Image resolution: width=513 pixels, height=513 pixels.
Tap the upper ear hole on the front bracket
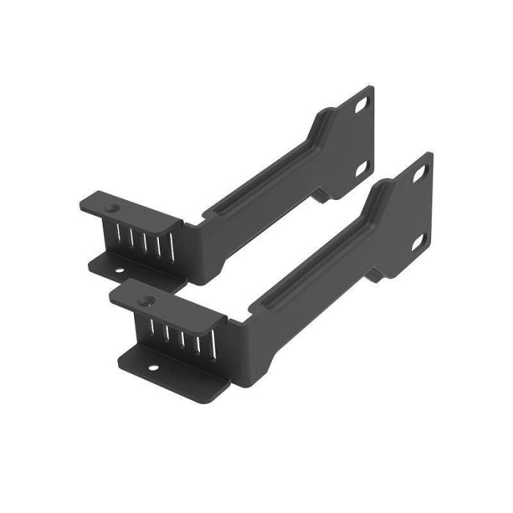point(420,174)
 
